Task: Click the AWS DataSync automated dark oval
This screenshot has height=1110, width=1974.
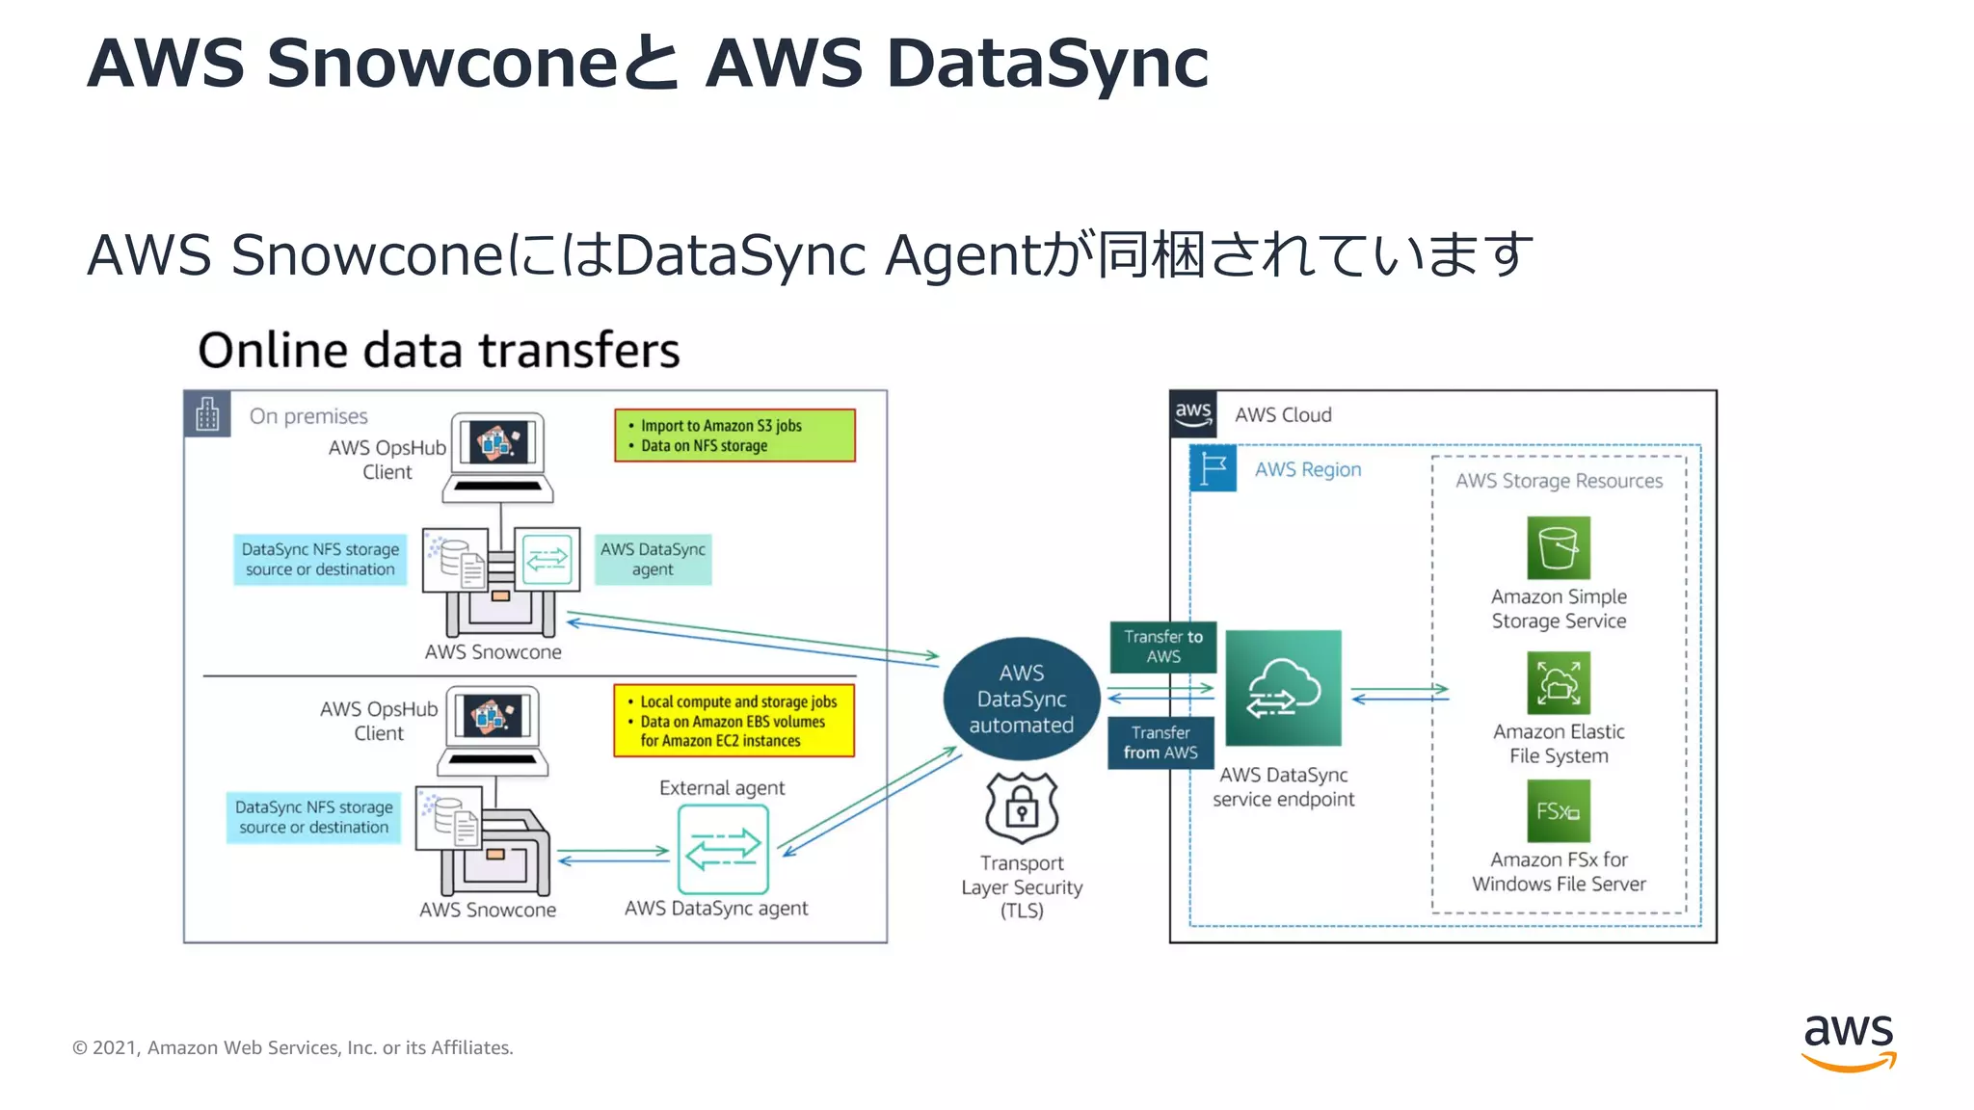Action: (1021, 699)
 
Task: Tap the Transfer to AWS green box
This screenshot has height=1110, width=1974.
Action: (1162, 647)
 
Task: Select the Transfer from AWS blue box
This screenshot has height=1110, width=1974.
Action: (1160, 743)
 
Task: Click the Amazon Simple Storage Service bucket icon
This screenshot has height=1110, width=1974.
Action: (1558, 548)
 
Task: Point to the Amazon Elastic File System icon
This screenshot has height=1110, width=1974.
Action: (1558, 683)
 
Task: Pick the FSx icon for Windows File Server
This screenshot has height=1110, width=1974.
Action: (1558, 811)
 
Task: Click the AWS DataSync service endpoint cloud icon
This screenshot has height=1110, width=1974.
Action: (1283, 688)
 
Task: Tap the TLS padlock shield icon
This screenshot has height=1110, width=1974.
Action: (1022, 807)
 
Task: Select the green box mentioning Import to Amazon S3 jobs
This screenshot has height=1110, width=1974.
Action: (734, 436)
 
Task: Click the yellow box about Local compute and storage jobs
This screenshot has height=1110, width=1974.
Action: (734, 721)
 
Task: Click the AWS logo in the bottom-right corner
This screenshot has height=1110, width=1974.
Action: (1848, 1042)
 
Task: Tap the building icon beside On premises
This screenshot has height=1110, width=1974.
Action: (207, 414)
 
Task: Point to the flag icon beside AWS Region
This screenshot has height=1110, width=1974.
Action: (1214, 469)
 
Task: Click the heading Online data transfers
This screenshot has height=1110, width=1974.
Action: (439, 350)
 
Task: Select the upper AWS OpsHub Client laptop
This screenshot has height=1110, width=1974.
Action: (498, 458)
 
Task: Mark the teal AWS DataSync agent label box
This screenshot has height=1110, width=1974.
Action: (653, 559)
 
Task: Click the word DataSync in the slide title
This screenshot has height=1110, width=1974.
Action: (1047, 64)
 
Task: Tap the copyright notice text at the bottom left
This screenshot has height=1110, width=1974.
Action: (293, 1047)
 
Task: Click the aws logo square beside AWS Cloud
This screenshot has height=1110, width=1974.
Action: (1193, 414)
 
